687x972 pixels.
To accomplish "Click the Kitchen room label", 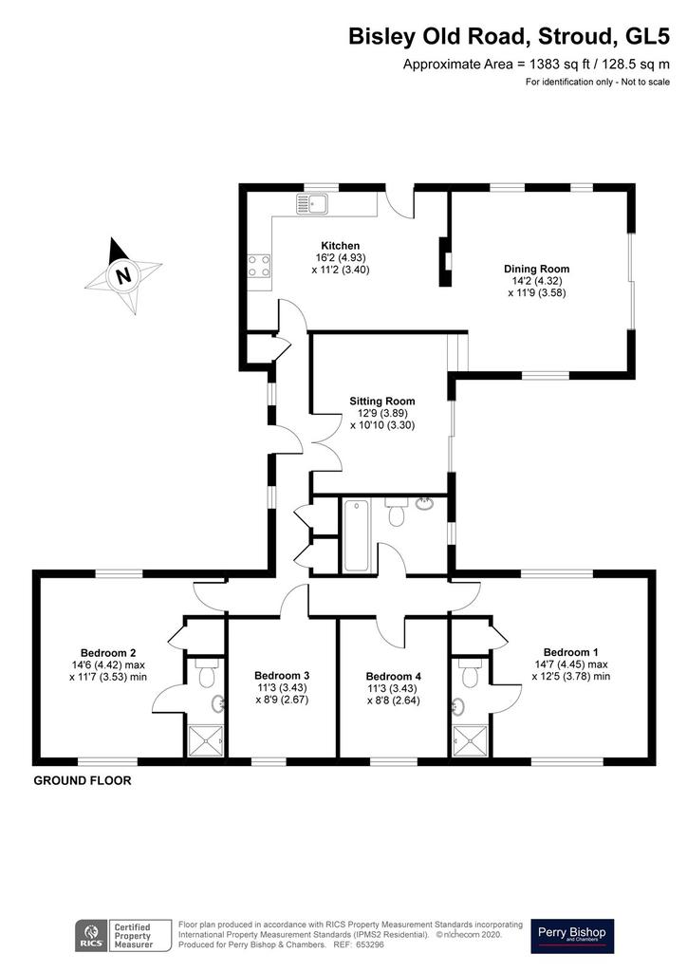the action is click(x=340, y=246).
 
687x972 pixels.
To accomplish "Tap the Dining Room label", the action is click(x=536, y=269).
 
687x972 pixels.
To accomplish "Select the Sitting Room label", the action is click(x=382, y=402).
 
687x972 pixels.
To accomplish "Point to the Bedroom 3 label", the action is click(x=282, y=675).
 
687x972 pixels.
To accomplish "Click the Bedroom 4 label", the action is click(x=394, y=676).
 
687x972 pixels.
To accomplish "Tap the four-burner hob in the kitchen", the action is click(x=258, y=267).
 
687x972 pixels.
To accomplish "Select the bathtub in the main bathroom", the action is click(x=356, y=535).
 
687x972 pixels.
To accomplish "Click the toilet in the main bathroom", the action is click(x=396, y=513).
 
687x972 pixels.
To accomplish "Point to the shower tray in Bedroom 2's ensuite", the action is click(x=206, y=740).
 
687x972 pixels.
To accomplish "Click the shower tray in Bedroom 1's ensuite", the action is click(x=471, y=740).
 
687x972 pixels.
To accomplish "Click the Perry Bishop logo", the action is click(x=572, y=935).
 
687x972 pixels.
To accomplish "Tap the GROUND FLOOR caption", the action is click(x=83, y=780).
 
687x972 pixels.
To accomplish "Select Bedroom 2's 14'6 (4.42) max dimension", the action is click(x=108, y=664).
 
